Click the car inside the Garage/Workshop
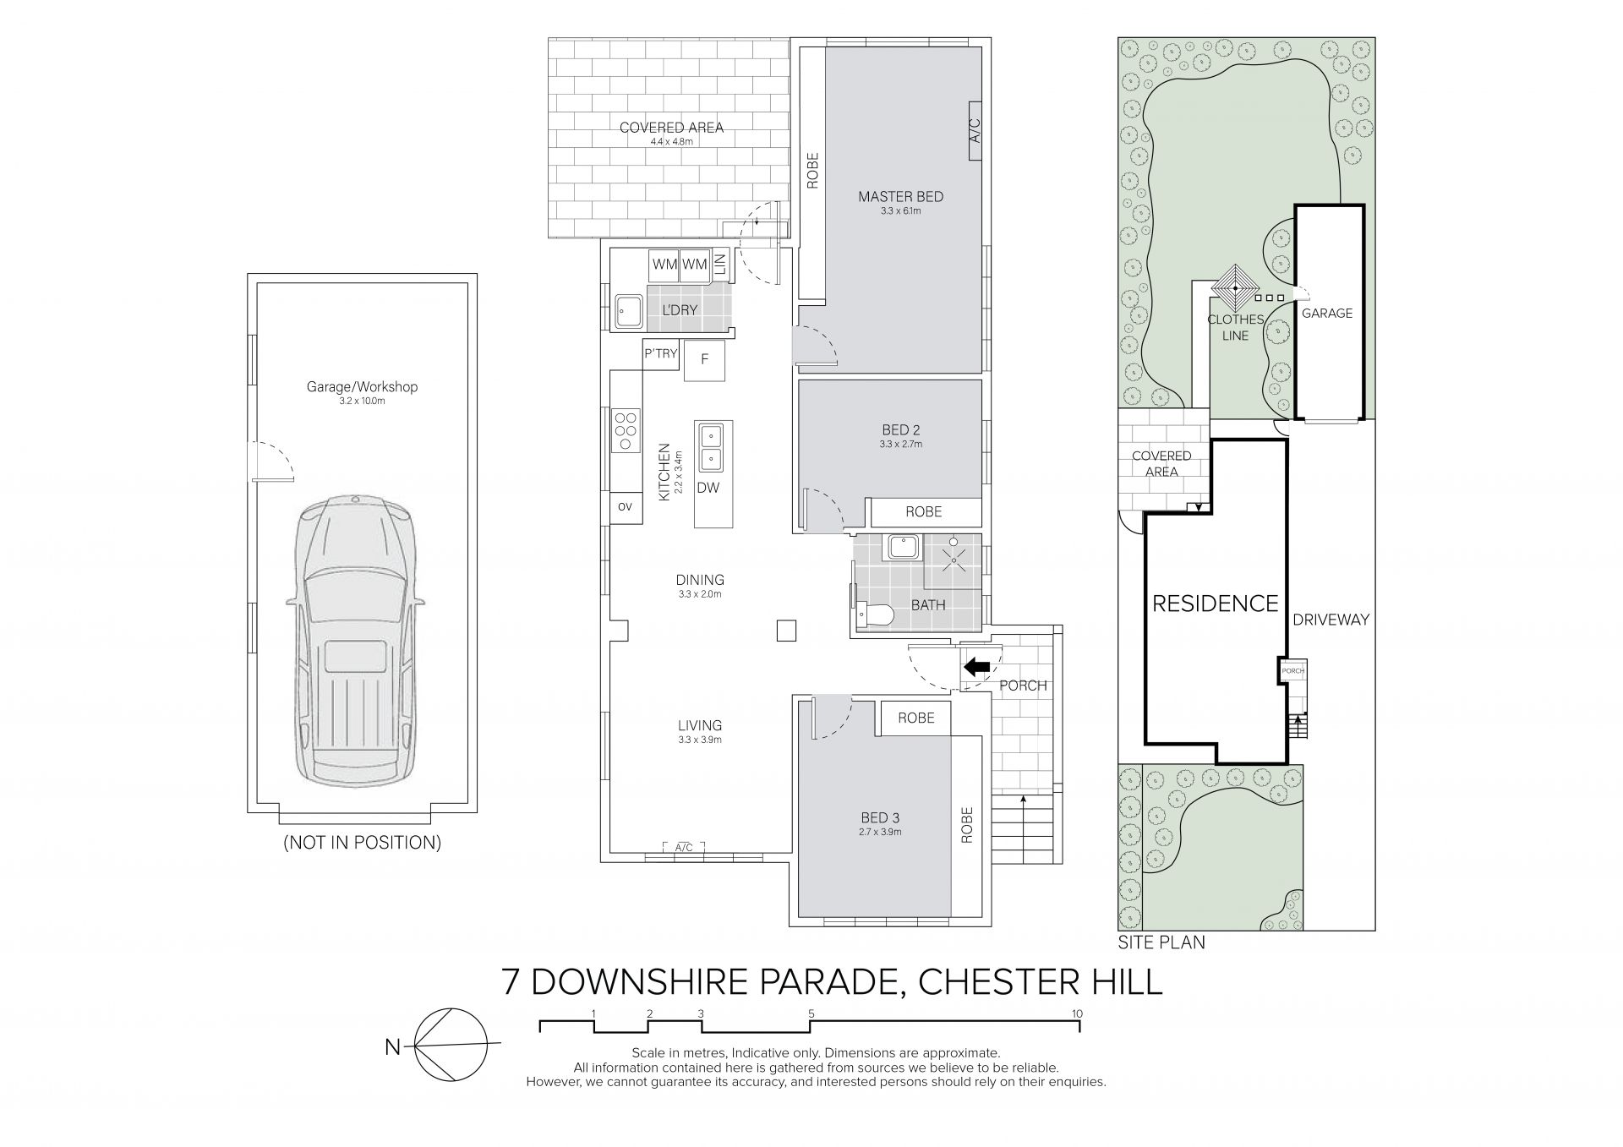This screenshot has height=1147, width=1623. click(355, 642)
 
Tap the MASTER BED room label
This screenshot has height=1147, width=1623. click(900, 197)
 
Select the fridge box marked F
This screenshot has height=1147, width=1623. click(704, 360)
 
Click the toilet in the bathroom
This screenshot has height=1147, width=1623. click(873, 615)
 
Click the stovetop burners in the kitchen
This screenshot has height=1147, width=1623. click(626, 429)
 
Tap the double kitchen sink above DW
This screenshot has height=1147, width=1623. click(710, 449)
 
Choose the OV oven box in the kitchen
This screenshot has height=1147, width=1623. click(626, 507)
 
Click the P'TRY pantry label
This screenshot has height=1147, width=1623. click(660, 354)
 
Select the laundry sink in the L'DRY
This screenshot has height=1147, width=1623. click(628, 310)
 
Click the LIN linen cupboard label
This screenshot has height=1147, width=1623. click(720, 265)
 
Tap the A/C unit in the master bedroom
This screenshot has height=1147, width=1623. click(974, 130)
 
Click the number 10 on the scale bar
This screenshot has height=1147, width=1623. click(1077, 1013)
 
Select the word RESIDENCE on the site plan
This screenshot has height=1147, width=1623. click(1216, 604)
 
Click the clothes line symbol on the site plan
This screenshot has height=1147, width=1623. click(1235, 289)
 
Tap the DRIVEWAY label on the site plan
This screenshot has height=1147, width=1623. click(1331, 620)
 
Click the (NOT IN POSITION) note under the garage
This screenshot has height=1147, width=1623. click(362, 843)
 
